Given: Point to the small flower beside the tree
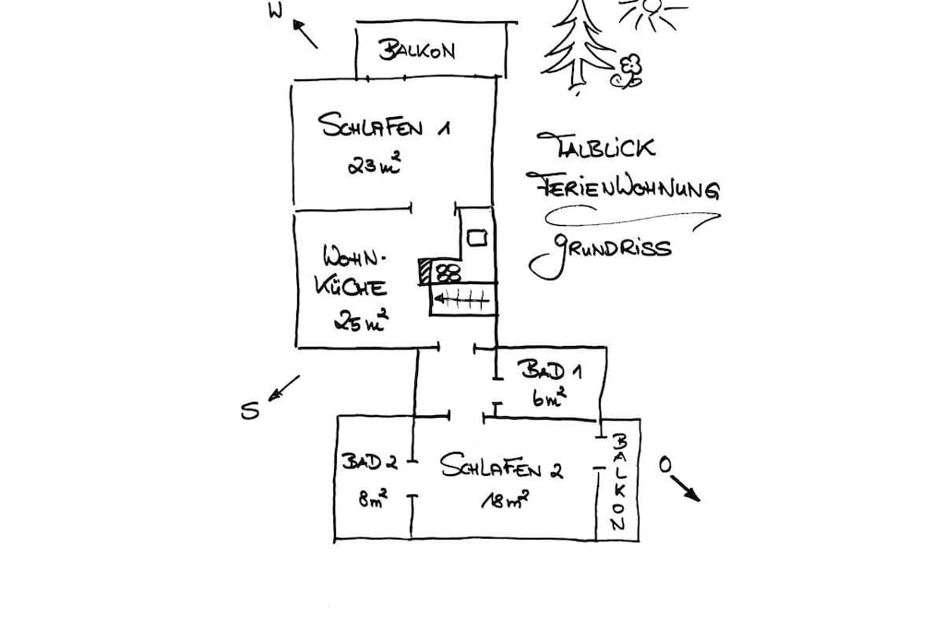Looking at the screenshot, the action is [628, 71].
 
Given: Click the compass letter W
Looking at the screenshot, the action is [275, 11].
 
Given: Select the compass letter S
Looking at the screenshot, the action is [249, 410].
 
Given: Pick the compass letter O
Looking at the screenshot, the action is [664, 464].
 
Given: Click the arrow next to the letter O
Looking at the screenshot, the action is [686, 488].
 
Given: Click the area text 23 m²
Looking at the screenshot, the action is [374, 164].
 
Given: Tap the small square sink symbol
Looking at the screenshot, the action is [477, 238].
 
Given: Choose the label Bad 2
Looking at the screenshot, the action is [369, 462].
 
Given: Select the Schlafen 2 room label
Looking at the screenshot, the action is [501, 466].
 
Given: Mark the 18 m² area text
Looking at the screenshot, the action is [505, 500].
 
